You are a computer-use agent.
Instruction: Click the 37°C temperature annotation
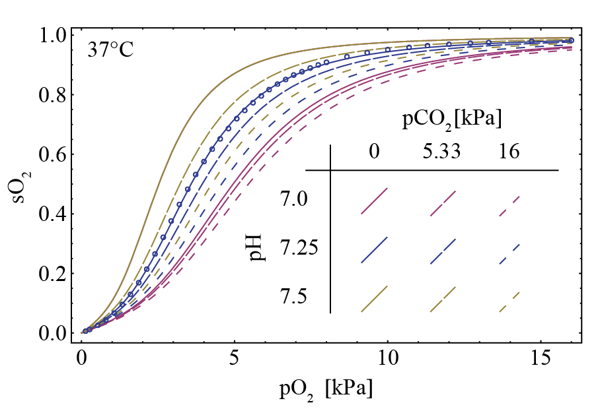(x=110, y=50)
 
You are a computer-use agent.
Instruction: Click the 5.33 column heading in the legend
(x=442, y=152)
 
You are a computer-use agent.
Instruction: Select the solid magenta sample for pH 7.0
(x=374, y=201)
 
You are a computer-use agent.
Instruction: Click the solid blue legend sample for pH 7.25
(x=374, y=250)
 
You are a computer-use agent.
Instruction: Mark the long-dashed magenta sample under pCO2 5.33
(x=442, y=201)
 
